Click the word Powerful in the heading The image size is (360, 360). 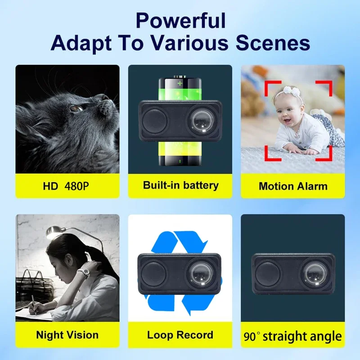(180, 21)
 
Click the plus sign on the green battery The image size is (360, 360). (180, 84)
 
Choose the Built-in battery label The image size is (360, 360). (180, 185)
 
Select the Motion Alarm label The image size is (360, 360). (293, 186)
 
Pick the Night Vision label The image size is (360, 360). (67, 335)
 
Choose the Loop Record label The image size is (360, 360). (180, 335)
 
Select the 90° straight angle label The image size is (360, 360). (293, 336)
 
